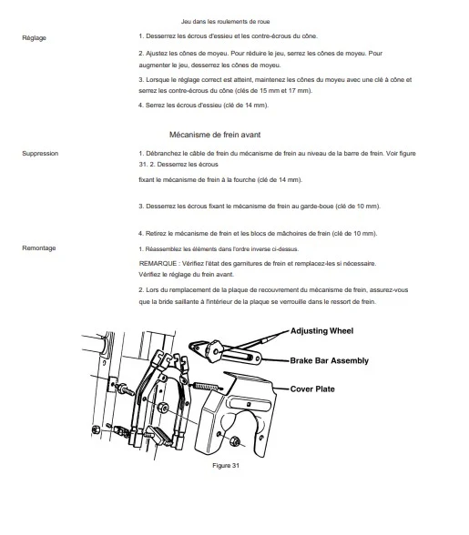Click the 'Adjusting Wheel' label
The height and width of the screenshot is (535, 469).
coord(321,331)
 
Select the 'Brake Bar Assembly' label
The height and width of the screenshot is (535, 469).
coord(330,360)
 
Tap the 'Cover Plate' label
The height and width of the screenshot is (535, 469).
coord(312,389)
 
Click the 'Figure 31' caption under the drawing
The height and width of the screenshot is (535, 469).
coord(226,466)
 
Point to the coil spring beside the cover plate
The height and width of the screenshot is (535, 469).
coord(208,387)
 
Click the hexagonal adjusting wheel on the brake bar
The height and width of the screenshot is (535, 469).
coord(214,350)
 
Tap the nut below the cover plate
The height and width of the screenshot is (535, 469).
coord(235,441)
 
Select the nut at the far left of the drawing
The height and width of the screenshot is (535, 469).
coord(96,429)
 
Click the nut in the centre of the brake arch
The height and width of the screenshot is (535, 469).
coord(163,407)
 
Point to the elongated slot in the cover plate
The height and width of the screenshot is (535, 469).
coord(249,404)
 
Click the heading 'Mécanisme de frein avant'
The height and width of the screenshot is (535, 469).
coord(215,135)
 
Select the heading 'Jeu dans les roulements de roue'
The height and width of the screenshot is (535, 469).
coord(226,22)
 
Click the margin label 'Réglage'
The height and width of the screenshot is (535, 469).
coord(35,38)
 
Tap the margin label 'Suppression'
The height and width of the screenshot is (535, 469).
coord(40,154)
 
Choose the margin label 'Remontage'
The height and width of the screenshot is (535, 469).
coord(39,248)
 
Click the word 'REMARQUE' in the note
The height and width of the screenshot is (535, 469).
coord(158,264)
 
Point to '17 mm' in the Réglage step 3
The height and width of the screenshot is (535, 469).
coord(300,91)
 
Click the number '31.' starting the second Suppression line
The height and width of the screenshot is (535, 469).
coord(143,165)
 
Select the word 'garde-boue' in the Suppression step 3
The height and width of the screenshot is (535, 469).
coord(317,207)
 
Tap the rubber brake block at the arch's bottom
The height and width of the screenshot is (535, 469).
coord(158,436)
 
